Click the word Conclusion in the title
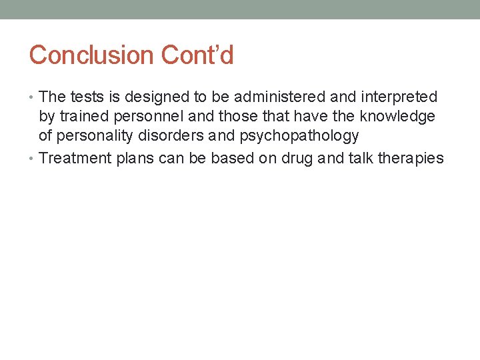click(x=82, y=55)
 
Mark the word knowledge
click(x=397, y=117)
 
